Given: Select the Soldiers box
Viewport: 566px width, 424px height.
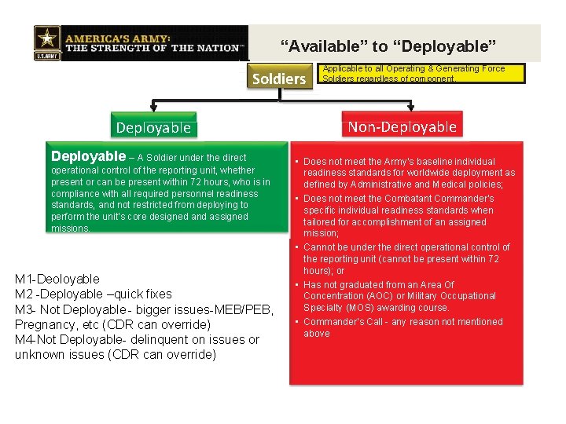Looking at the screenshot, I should [278, 79].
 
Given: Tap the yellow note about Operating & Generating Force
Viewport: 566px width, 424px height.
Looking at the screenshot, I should [414, 74].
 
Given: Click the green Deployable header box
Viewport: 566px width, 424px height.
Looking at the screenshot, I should [153, 127].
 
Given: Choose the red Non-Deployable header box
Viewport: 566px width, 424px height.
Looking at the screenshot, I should [402, 126].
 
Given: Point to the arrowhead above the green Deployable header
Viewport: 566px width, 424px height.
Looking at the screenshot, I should [153, 109].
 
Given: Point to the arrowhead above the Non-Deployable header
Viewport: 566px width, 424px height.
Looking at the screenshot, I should [410, 109].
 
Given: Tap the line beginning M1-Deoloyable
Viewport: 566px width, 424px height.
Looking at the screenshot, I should [57, 279].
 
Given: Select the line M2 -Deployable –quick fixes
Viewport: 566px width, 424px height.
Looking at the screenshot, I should [94, 294].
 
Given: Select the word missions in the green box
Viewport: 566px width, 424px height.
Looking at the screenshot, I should [71, 228].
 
